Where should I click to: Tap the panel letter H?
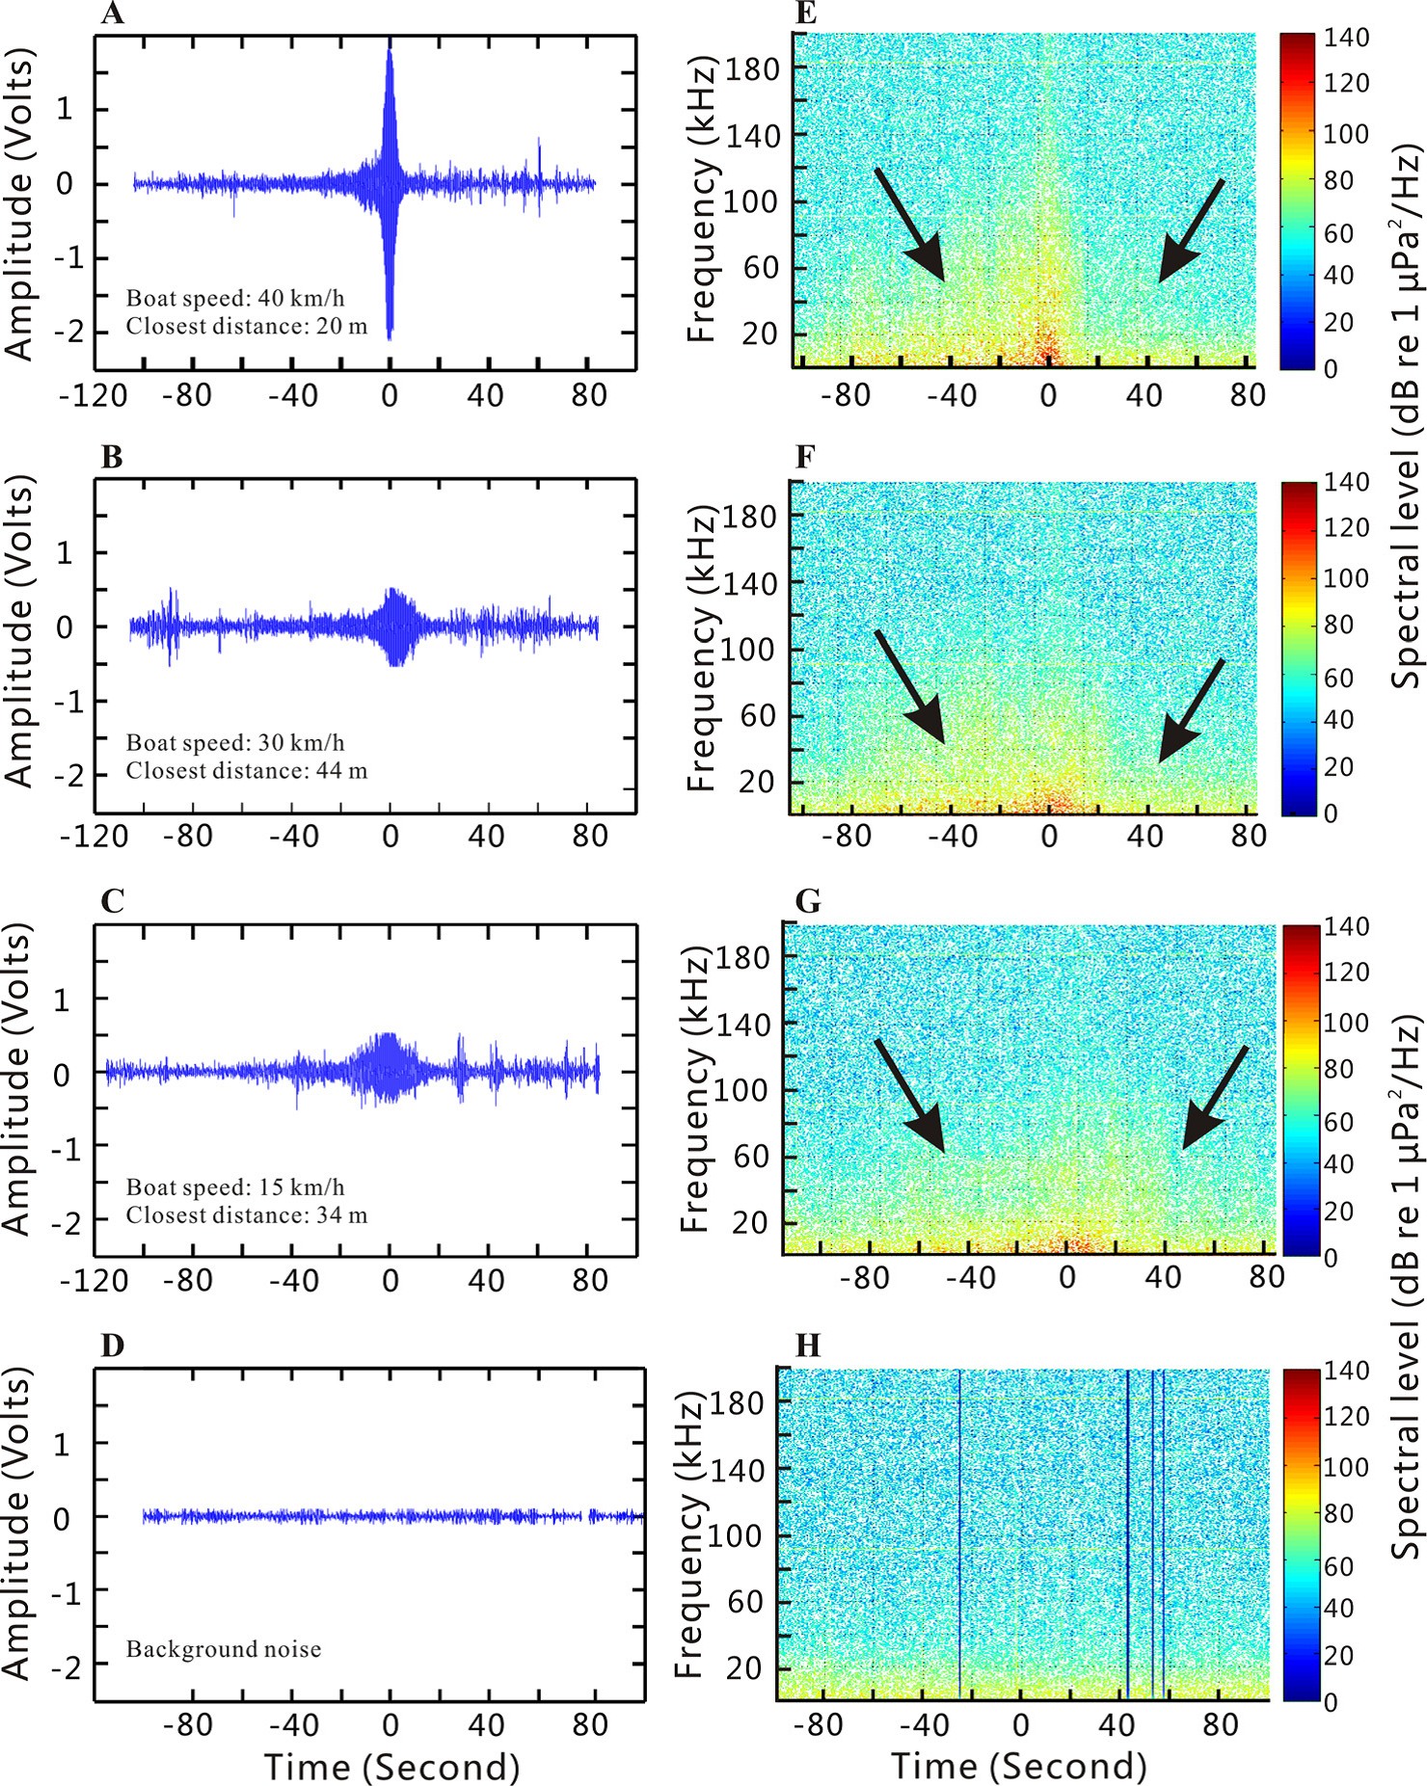pos(807,1346)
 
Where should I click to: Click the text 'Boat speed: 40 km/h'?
pos(235,299)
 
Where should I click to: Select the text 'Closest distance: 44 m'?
pos(247,771)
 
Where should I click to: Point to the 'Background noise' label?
pos(224,1649)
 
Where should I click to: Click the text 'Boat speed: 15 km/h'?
pos(235,1187)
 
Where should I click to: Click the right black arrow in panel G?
pos(1215,1099)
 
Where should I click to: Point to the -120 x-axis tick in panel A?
pos(94,396)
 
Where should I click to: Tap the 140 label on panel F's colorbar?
pos(1346,482)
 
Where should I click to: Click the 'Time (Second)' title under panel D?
pos(391,1767)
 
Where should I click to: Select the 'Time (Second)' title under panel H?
pos(1019,1766)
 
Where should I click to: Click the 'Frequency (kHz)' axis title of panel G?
pos(695,1090)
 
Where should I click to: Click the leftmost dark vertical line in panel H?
pos(959,1533)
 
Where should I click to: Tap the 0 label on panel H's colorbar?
pos(1331,1702)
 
